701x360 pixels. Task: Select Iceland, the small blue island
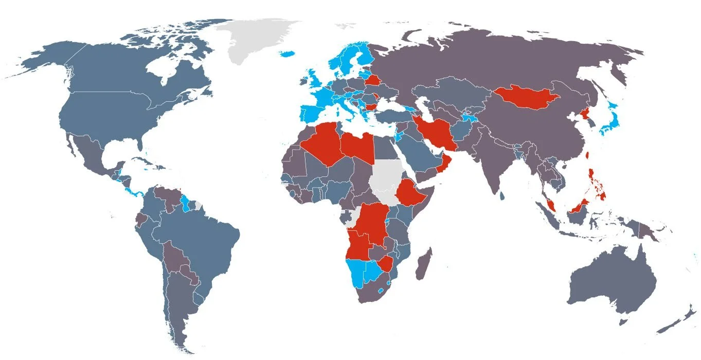click(287, 53)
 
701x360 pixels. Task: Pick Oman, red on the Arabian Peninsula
click(446, 164)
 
